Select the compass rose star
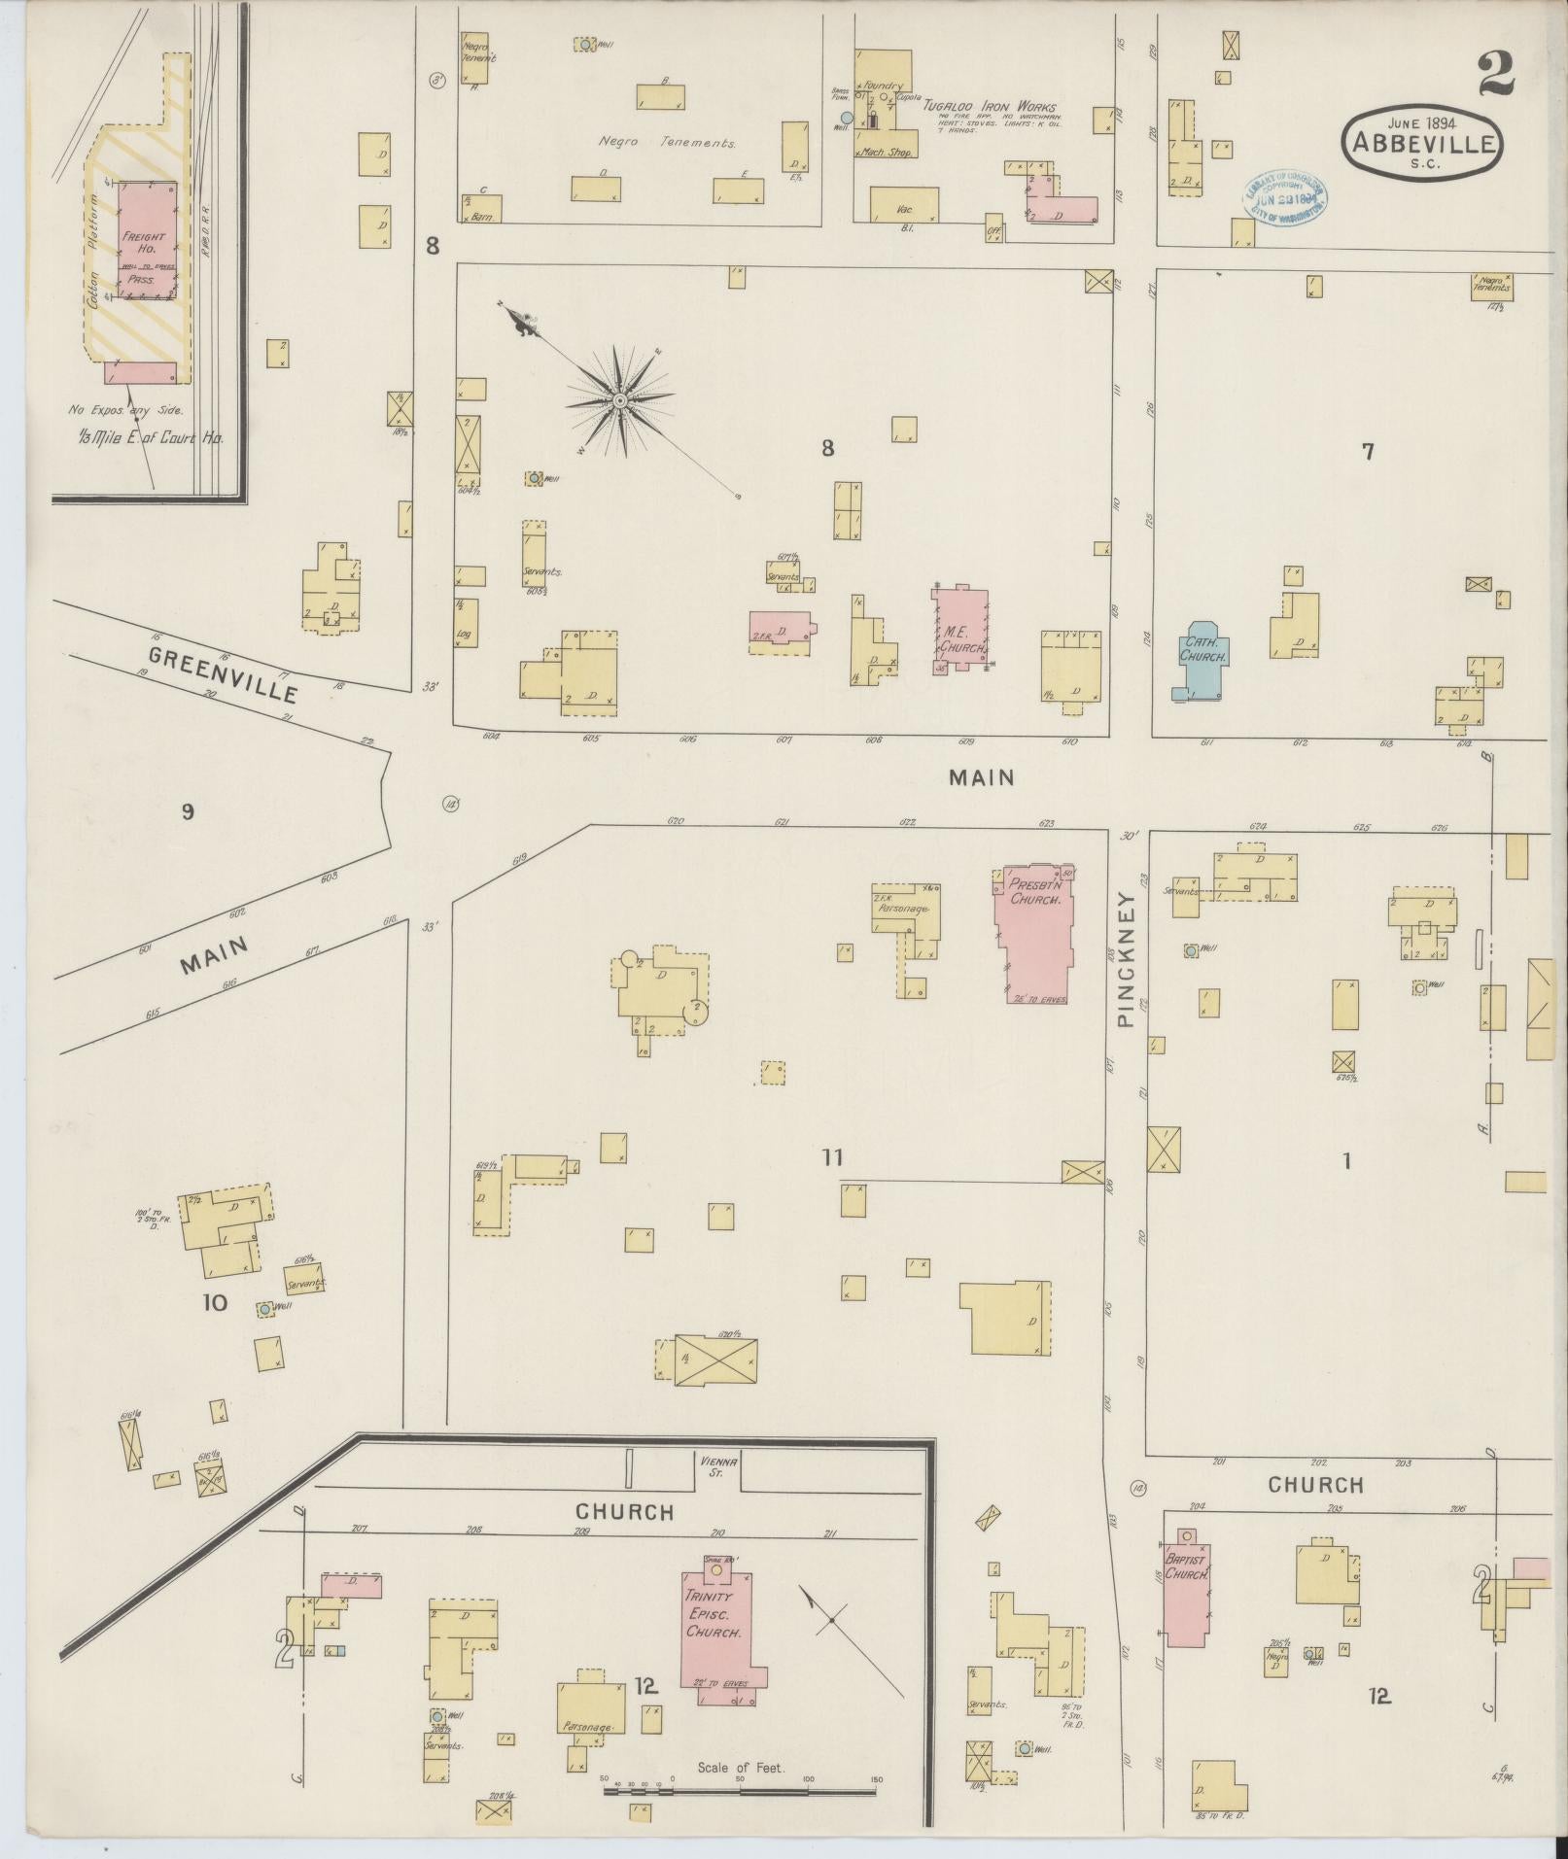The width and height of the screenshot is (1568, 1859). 618,399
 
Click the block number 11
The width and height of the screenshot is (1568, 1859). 831,1157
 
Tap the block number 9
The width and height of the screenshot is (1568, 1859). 188,811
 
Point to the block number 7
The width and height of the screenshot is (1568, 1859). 1367,451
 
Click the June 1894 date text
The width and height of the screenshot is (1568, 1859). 1419,123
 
